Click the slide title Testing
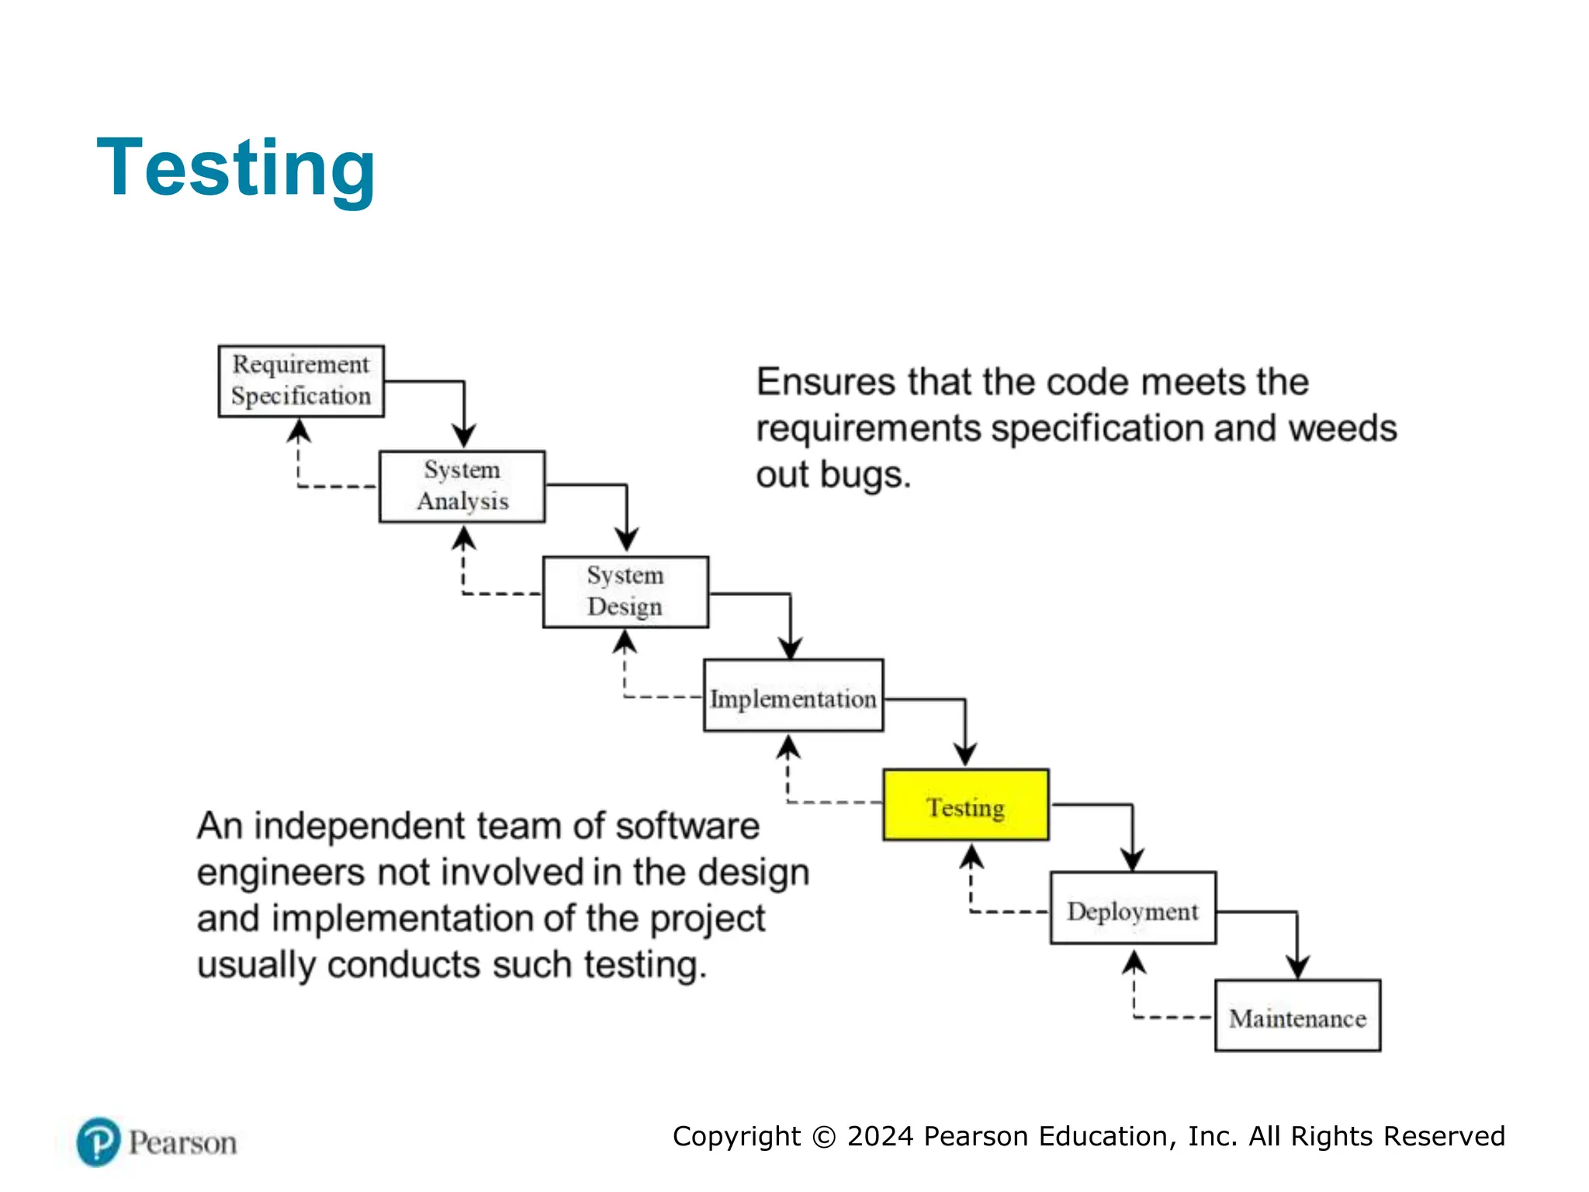pyautogui.click(x=236, y=168)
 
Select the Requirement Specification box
pyautogui.click(x=301, y=381)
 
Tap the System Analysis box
pyautogui.click(x=462, y=487)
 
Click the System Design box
pyautogui.click(x=625, y=591)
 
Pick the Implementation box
pyautogui.click(x=793, y=696)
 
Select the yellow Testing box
pyautogui.click(x=966, y=806)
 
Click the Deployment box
pyautogui.click(x=1133, y=909)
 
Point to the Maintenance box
pyautogui.click(x=1297, y=1016)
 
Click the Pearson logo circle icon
pyautogui.click(x=99, y=1142)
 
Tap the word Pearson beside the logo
pyautogui.click(x=182, y=1143)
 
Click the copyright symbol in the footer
pyautogui.click(x=824, y=1137)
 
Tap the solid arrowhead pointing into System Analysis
pyautogui.click(x=464, y=436)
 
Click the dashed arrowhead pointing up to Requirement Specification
pyautogui.click(x=299, y=430)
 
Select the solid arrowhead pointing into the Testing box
pyautogui.click(x=965, y=754)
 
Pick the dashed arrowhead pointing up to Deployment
pyautogui.click(x=1134, y=962)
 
